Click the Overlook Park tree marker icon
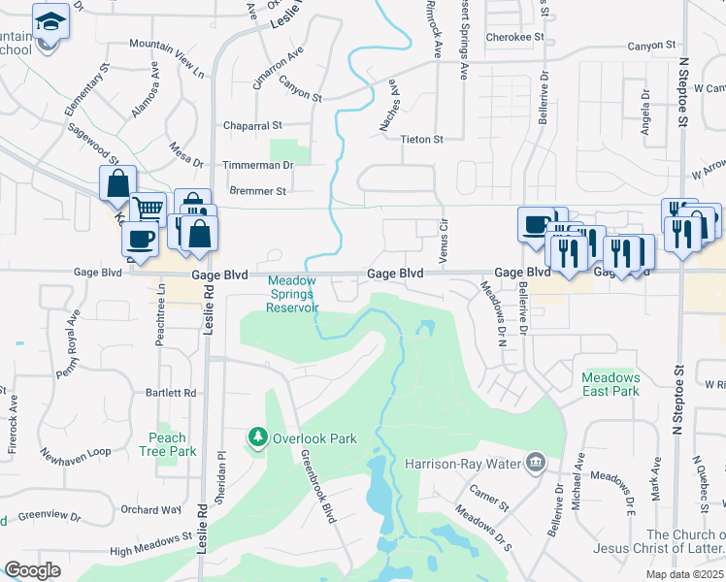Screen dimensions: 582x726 pos(258,438)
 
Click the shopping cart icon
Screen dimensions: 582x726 pos(148,208)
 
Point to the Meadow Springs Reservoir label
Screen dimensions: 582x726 pos(292,294)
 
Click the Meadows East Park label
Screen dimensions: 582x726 pos(610,384)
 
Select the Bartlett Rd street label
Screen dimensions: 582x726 pos(171,393)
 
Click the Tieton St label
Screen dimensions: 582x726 pos(422,140)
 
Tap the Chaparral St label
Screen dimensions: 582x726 pos(251,126)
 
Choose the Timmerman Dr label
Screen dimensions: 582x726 pos(257,166)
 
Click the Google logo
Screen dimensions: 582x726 pos(32,570)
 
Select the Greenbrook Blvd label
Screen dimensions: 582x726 pos(317,487)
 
